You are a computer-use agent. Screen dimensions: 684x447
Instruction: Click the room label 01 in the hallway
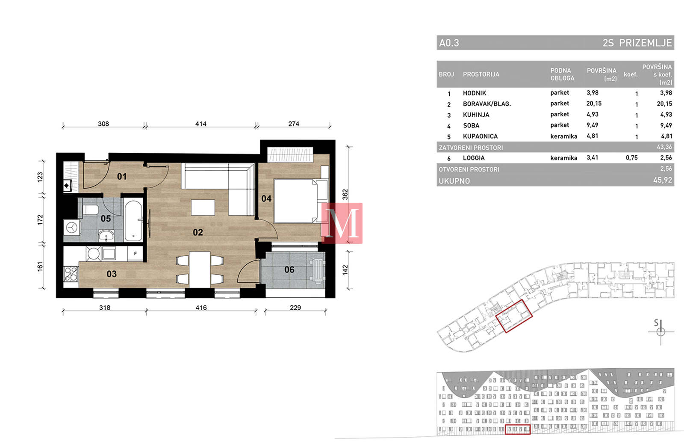click(x=122, y=176)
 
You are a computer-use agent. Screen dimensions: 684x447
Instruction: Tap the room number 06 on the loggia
click(x=289, y=269)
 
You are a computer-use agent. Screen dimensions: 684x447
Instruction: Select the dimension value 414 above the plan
click(x=201, y=124)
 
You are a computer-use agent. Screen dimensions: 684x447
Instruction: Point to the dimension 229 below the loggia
click(x=295, y=308)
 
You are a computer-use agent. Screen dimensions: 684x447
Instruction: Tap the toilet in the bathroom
click(x=90, y=210)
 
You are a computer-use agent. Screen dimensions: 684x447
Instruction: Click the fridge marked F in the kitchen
click(x=135, y=253)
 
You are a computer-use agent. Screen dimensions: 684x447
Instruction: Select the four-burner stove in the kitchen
click(x=71, y=274)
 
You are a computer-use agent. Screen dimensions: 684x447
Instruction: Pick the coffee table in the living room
click(x=203, y=207)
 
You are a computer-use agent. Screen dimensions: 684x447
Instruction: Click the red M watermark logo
click(x=342, y=223)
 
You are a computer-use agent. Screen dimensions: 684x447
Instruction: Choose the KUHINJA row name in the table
click(x=476, y=115)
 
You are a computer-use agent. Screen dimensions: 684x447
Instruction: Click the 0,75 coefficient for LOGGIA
click(x=631, y=158)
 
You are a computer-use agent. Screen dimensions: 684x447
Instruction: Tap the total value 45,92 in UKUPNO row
click(x=663, y=180)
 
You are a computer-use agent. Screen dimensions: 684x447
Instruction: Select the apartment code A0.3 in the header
click(x=449, y=43)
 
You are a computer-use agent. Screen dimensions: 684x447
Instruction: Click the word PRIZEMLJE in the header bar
click(x=646, y=43)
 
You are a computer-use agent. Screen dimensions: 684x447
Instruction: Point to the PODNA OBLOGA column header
click(x=562, y=74)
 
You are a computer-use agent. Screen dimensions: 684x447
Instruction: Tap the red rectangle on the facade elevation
click(x=518, y=429)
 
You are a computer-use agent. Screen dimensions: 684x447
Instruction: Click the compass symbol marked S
click(x=660, y=332)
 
